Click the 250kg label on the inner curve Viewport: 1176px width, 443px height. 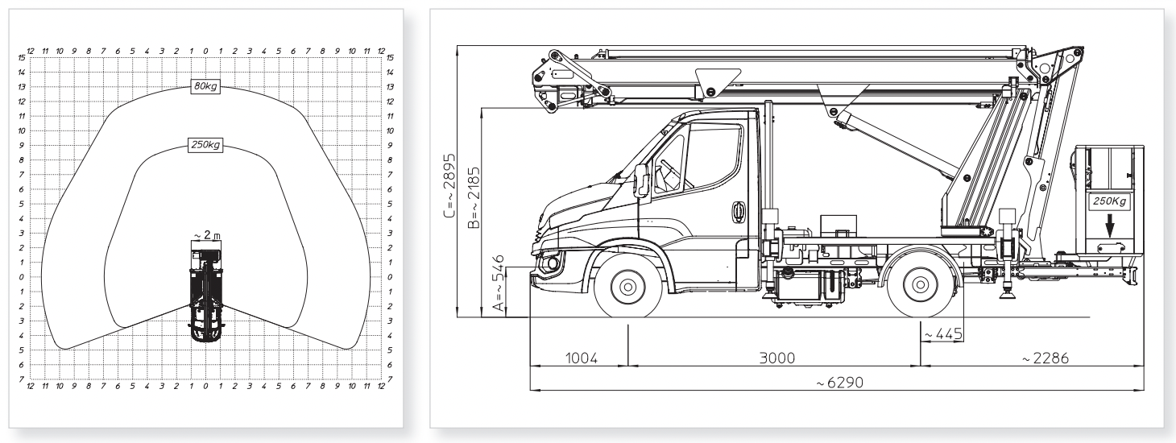pos(206,145)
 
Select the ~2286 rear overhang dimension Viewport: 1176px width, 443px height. pos(1044,358)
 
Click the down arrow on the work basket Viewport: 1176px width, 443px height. pos(1110,229)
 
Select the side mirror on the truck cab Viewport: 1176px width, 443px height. pos(642,180)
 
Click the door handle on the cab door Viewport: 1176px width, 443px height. pos(736,211)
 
